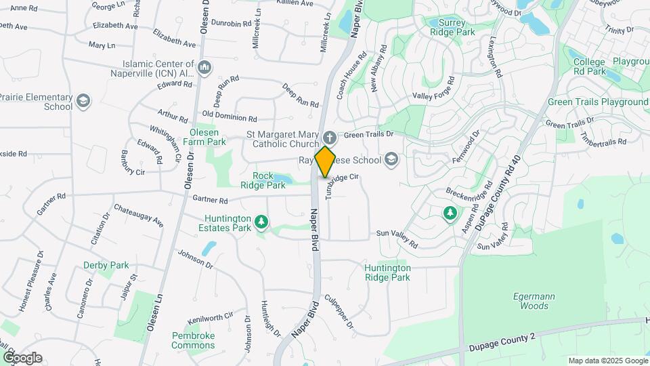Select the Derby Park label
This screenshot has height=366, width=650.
pyautogui.click(x=106, y=265)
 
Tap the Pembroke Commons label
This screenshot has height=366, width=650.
pyautogui.click(x=193, y=340)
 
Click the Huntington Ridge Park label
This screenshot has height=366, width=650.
pyautogui.click(x=387, y=272)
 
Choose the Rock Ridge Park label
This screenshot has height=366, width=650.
pyautogui.click(x=264, y=180)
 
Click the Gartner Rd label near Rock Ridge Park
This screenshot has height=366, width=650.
pyautogui.click(x=210, y=200)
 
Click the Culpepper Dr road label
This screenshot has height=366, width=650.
pyautogui.click(x=339, y=311)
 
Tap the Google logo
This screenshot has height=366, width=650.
pyautogui.click(x=22, y=358)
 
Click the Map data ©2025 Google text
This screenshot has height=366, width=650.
pyautogui.click(x=608, y=361)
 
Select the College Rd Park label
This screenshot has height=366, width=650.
pyautogui.click(x=589, y=66)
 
